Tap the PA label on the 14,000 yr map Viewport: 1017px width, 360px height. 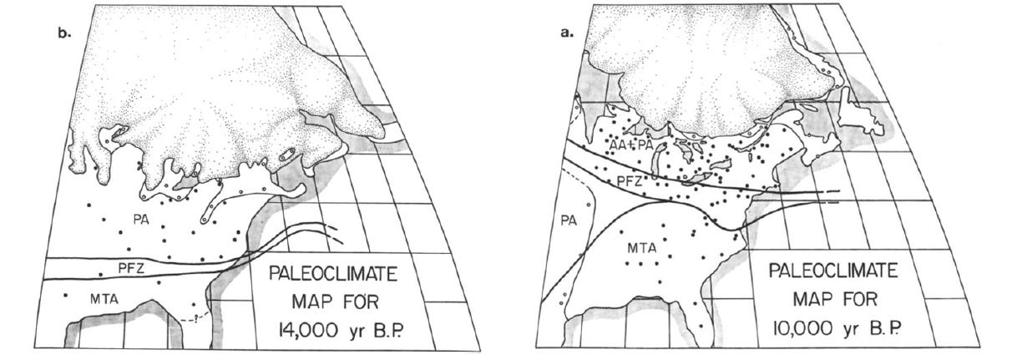tap(141, 218)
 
